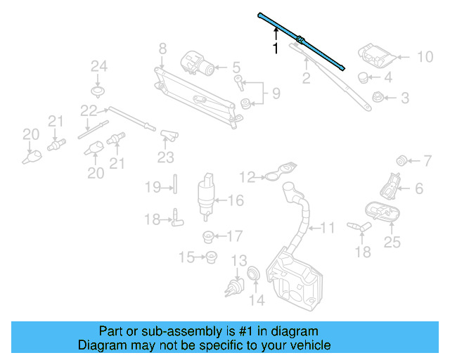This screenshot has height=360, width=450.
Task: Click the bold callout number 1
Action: pos(276,49)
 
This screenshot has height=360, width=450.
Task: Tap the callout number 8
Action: pos(162,49)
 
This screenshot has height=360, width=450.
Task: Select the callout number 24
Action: pos(98,67)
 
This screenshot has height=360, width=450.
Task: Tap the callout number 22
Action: pos(88,110)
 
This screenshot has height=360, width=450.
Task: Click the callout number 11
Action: pos(328,227)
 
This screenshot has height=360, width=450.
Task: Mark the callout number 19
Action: pos(153,187)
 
